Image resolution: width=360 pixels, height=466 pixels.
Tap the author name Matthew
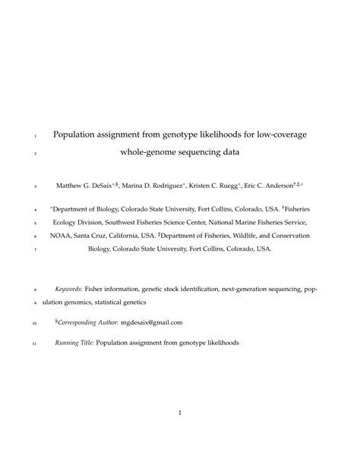[x=72, y=185]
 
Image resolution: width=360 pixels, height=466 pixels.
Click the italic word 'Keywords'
[x=71, y=290]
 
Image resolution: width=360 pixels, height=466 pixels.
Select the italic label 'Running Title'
[x=74, y=343]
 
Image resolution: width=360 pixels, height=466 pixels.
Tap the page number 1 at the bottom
[x=180, y=414]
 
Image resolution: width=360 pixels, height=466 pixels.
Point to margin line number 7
[x=35, y=249]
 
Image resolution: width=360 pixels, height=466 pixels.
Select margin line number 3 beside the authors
[x=35, y=185]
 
